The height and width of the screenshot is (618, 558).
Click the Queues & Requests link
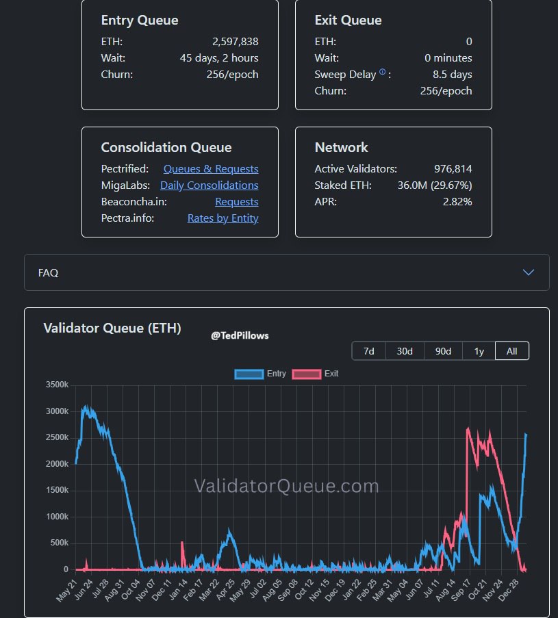click(211, 169)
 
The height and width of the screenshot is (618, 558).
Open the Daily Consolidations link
click(209, 185)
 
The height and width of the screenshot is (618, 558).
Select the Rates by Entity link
click(223, 218)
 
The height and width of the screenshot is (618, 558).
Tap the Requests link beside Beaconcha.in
click(236, 202)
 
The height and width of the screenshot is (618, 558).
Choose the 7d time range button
click(368, 351)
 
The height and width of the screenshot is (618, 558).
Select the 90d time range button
click(443, 351)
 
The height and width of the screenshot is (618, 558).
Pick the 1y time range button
click(479, 351)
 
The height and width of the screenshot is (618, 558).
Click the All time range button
click(511, 351)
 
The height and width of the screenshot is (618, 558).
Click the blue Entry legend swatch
click(249, 374)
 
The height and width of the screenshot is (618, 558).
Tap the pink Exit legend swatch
click(307, 374)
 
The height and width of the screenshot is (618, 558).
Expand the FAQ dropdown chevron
click(528, 272)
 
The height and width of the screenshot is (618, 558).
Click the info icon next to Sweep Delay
click(382, 73)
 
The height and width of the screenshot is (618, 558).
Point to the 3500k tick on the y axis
click(58, 385)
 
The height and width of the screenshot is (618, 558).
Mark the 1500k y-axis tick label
click(58, 491)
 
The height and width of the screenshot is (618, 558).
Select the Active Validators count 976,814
click(453, 169)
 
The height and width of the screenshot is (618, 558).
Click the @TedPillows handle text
click(240, 335)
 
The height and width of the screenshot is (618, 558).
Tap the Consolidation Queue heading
click(166, 148)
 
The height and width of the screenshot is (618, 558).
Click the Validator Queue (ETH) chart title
click(112, 329)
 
